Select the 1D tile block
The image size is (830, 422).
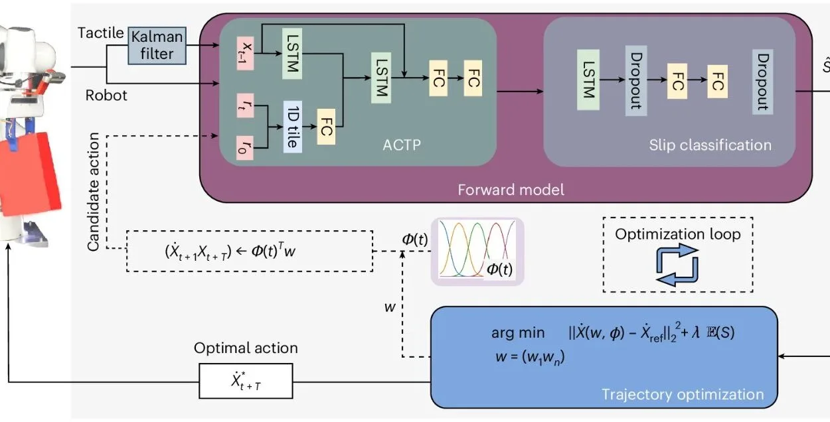point(293,127)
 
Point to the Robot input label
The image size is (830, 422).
point(106,96)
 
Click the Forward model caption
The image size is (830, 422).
point(511,190)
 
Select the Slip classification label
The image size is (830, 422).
point(710,145)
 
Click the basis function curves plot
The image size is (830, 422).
point(477,251)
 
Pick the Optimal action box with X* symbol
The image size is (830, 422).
point(246,383)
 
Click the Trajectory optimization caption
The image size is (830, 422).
point(683,395)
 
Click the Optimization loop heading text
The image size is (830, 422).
point(677,234)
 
